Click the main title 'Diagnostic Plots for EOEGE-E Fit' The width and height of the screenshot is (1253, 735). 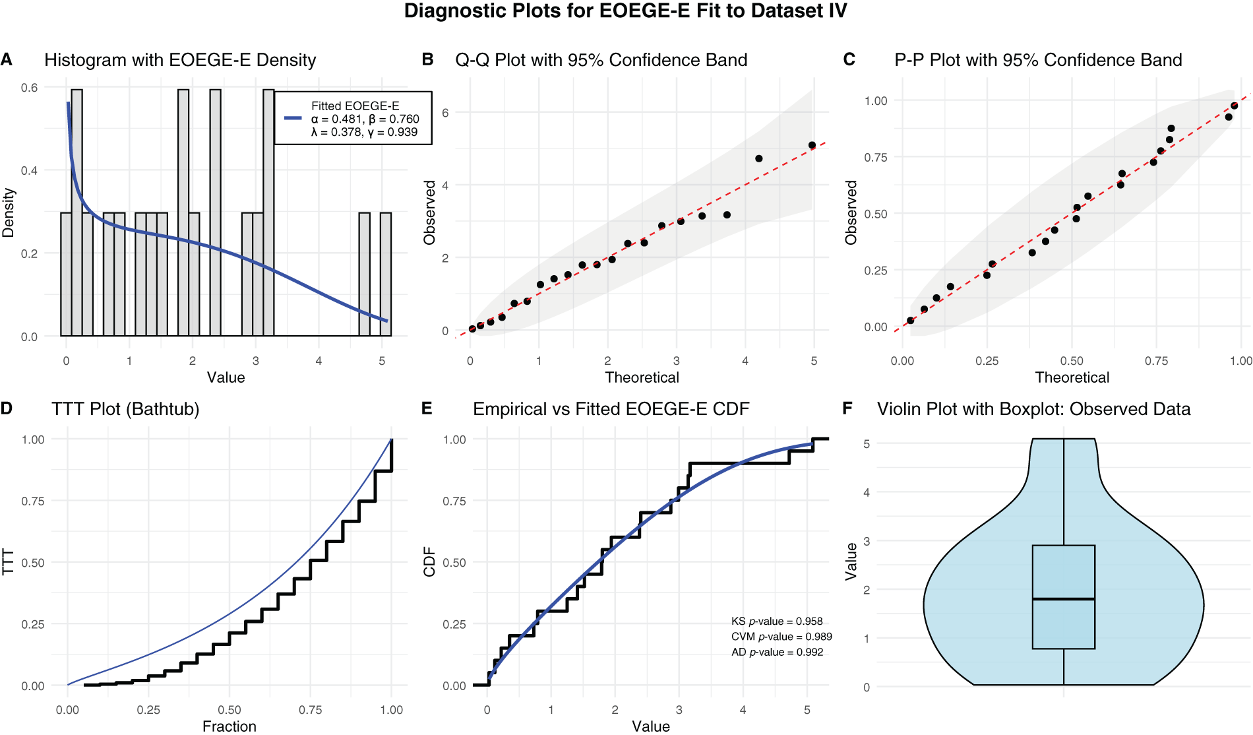[x=625, y=11]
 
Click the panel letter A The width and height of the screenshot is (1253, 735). [x=7, y=59]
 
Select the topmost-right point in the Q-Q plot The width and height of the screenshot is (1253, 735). [x=812, y=145]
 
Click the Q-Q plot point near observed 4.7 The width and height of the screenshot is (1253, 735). [x=759, y=158]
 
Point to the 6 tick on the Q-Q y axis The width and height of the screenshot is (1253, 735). [x=445, y=113]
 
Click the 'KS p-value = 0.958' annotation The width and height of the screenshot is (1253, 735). [x=777, y=622]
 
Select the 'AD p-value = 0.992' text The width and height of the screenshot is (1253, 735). [x=777, y=653]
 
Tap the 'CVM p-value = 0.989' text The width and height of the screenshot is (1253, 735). [x=781, y=637]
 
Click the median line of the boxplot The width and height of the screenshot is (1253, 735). [x=1063, y=599]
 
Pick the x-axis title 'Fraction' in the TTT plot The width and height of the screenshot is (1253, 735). [x=229, y=726]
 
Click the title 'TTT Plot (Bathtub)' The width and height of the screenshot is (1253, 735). [x=125, y=409]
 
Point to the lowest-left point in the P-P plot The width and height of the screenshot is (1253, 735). [x=910, y=321]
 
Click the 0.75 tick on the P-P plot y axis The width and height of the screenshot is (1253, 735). [x=876, y=158]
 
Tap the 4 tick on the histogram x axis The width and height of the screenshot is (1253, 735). [x=319, y=362]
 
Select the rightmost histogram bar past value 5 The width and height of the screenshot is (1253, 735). [x=386, y=274]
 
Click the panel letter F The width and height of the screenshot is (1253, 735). [x=848, y=409]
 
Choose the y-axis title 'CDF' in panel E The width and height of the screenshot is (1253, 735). [x=429, y=562]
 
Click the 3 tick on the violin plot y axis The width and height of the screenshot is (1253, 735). [x=867, y=541]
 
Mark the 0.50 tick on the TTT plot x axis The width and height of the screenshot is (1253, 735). [x=229, y=710]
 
